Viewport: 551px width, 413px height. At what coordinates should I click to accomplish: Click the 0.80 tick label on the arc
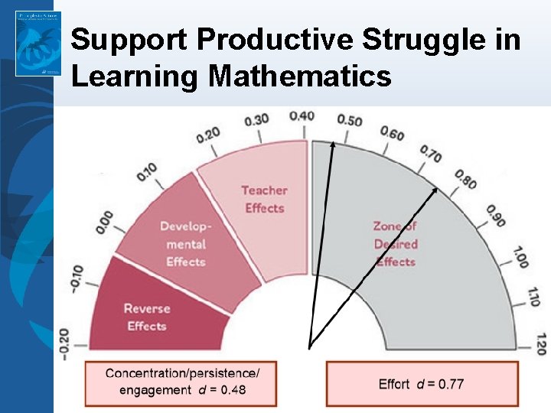click(465, 180)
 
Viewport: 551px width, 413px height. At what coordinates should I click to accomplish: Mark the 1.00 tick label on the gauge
click(521, 256)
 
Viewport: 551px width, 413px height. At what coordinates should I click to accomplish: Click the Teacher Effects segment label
click(264, 199)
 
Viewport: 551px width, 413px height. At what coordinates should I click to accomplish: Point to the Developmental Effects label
click(186, 243)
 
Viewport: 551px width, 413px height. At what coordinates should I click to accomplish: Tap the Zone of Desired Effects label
click(396, 243)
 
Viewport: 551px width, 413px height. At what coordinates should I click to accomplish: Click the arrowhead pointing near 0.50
click(333, 145)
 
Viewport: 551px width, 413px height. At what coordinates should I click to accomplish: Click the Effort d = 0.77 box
click(421, 383)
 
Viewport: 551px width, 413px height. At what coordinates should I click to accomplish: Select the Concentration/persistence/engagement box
click(181, 382)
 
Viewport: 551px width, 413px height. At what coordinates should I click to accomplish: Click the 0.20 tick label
click(207, 135)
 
